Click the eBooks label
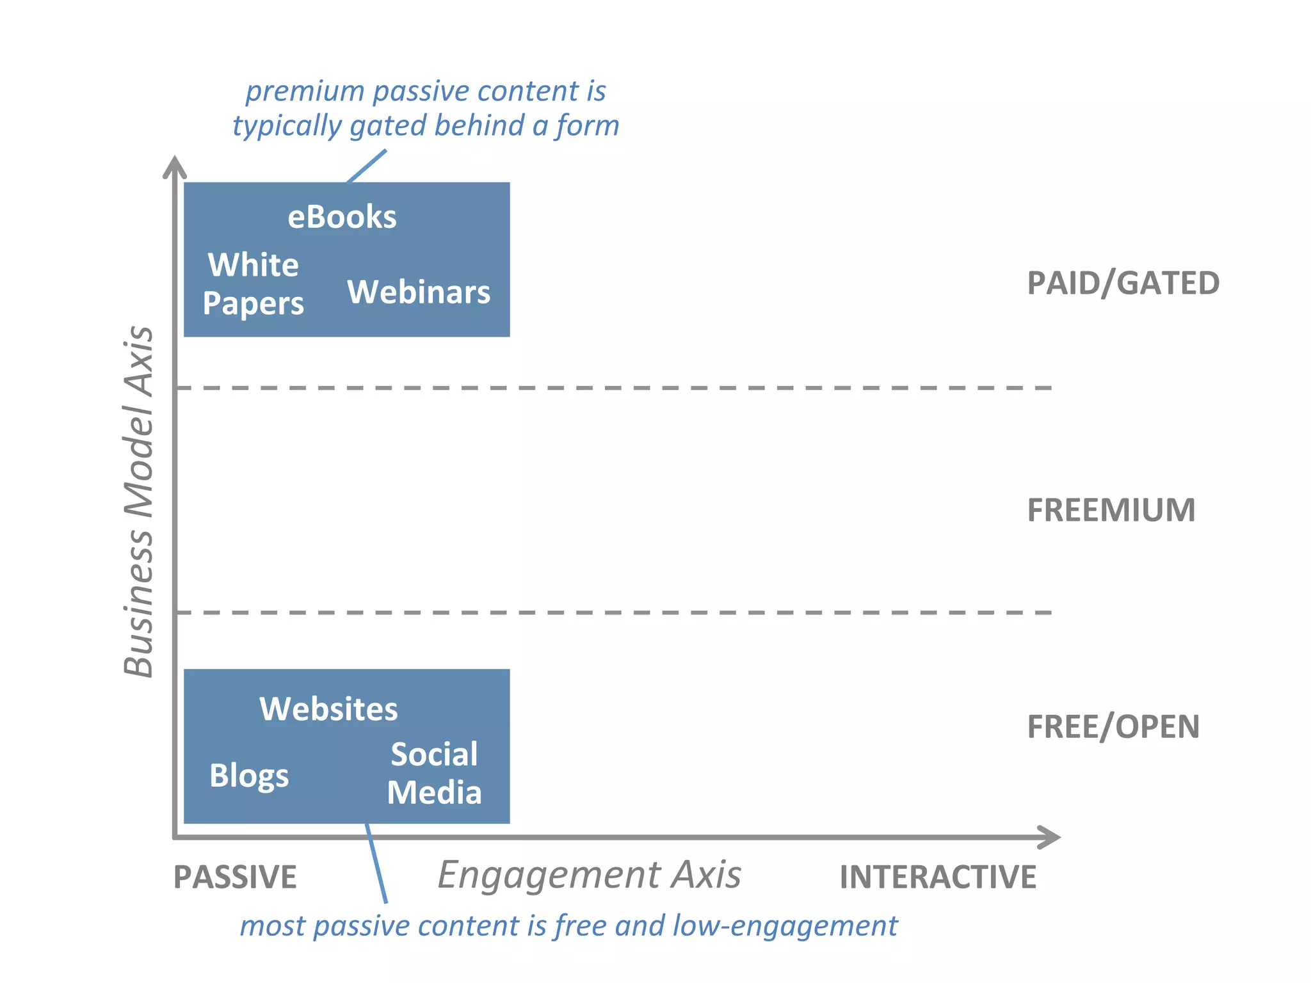pos(342,217)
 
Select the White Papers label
pos(253,284)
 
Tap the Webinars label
pos(419,292)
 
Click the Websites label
pos(328,709)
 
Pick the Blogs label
pos(249,776)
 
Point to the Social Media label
pos(434,773)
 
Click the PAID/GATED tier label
pos(1123,283)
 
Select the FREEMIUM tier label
pos(1111,510)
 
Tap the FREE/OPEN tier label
pos(1113,726)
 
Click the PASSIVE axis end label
pos(235,877)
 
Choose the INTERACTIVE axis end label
pos(937,877)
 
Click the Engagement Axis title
pos(589,875)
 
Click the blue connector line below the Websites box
pos(376,864)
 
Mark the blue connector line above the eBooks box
pos(367,166)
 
